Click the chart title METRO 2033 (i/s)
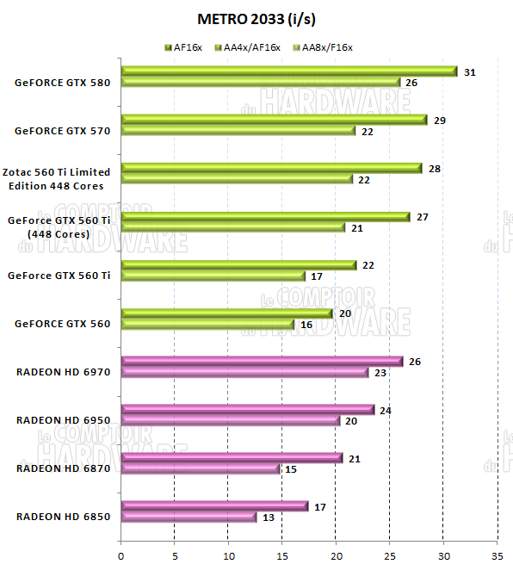tap(256, 19)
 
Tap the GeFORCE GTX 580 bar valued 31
tap(288, 71)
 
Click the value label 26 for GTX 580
tap(411, 84)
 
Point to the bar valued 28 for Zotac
tap(271, 168)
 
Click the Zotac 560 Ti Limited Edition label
tap(59, 179)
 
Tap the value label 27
tap(422, 217)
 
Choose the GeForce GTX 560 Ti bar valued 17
tap(213, 276)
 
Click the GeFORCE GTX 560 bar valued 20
tap(226, 313)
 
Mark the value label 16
tap(306, 325)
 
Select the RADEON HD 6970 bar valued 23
tap(244, 373)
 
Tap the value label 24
tap(386, 411)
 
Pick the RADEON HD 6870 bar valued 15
tap(201, 469)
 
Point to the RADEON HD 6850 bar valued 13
tap(189, 518)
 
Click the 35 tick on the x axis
tap(498, 555)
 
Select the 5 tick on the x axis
tap(175, 555)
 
